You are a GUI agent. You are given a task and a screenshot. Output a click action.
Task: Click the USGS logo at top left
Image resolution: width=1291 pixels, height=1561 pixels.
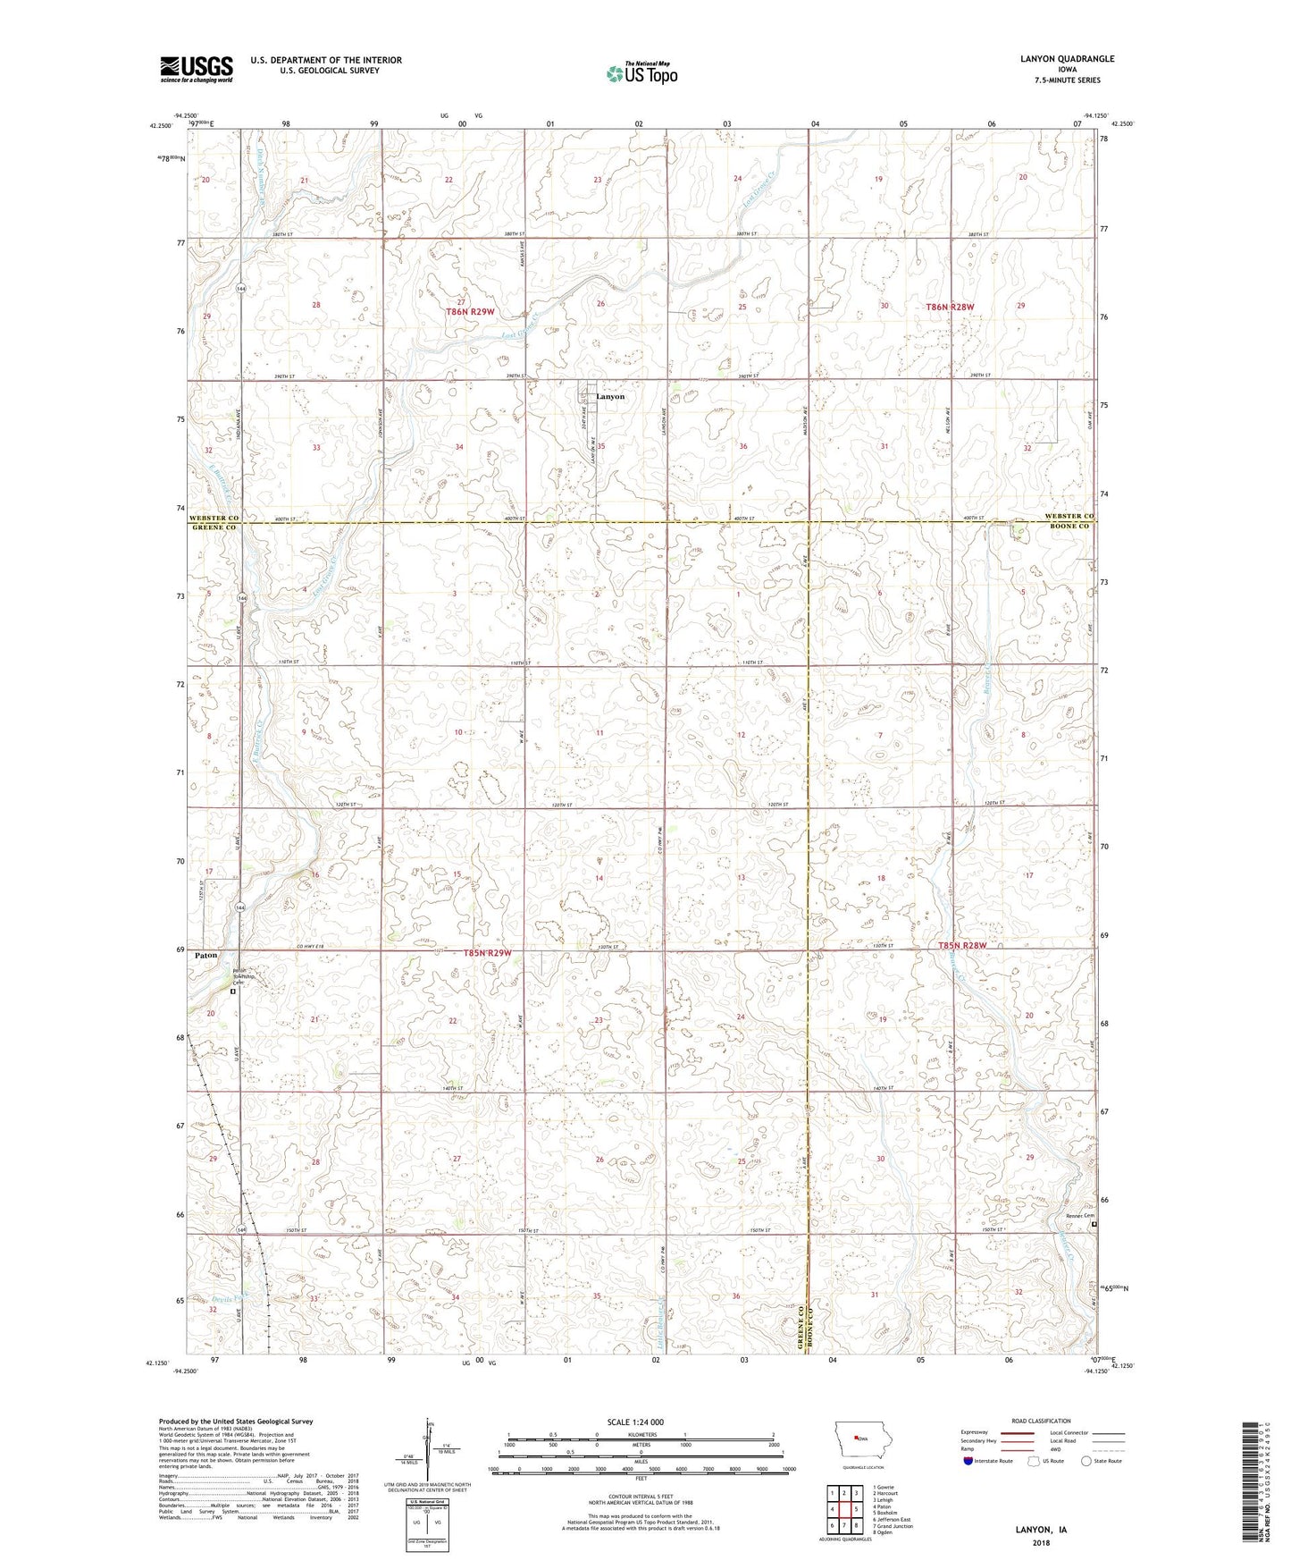196,68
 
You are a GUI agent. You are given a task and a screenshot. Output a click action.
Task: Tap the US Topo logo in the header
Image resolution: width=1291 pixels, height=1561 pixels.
641,73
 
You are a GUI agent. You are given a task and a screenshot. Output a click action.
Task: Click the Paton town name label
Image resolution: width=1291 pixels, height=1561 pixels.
205,956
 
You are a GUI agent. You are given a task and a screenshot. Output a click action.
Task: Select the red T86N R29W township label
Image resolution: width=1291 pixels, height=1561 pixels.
470,312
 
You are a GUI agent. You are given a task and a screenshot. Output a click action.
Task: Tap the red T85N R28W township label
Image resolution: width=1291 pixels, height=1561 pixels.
964,946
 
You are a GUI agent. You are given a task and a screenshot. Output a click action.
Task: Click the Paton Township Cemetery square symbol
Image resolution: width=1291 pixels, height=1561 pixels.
232,991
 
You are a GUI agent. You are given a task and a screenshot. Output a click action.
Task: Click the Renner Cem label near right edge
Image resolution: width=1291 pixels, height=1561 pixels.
1079,1215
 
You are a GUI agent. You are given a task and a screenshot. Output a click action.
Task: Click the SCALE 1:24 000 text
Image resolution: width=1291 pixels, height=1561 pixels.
635,1422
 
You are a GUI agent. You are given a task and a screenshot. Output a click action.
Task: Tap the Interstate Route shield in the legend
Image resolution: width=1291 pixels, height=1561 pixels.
970,1461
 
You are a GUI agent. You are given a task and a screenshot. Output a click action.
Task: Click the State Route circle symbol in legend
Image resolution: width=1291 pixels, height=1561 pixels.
1086,1461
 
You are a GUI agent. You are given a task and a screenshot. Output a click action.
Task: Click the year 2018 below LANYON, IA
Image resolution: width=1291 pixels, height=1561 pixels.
1041,1543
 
